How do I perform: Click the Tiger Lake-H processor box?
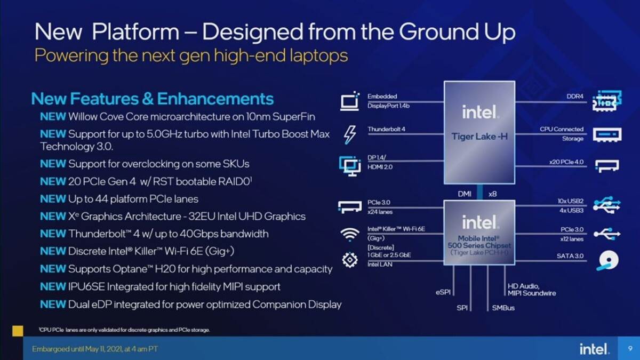point(479,132)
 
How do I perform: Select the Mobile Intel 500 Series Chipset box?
point(479,232)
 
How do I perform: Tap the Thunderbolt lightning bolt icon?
point(350,134)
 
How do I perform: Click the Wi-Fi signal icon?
point(349,234)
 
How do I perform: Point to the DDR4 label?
point(575,97)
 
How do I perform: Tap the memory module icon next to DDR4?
point(607,101)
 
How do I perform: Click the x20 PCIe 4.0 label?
point(566,162)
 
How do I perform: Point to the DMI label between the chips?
point(465,194)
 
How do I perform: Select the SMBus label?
point(503,308)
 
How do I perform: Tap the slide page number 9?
point(629,349)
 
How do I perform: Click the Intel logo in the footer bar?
point(594,349)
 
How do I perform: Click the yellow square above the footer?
point(17,331)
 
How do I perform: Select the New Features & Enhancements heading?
point(153,99)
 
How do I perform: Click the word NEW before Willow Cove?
point(53,116)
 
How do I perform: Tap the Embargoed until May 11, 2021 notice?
point(95,349)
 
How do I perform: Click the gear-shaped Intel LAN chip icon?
point(349,260)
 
